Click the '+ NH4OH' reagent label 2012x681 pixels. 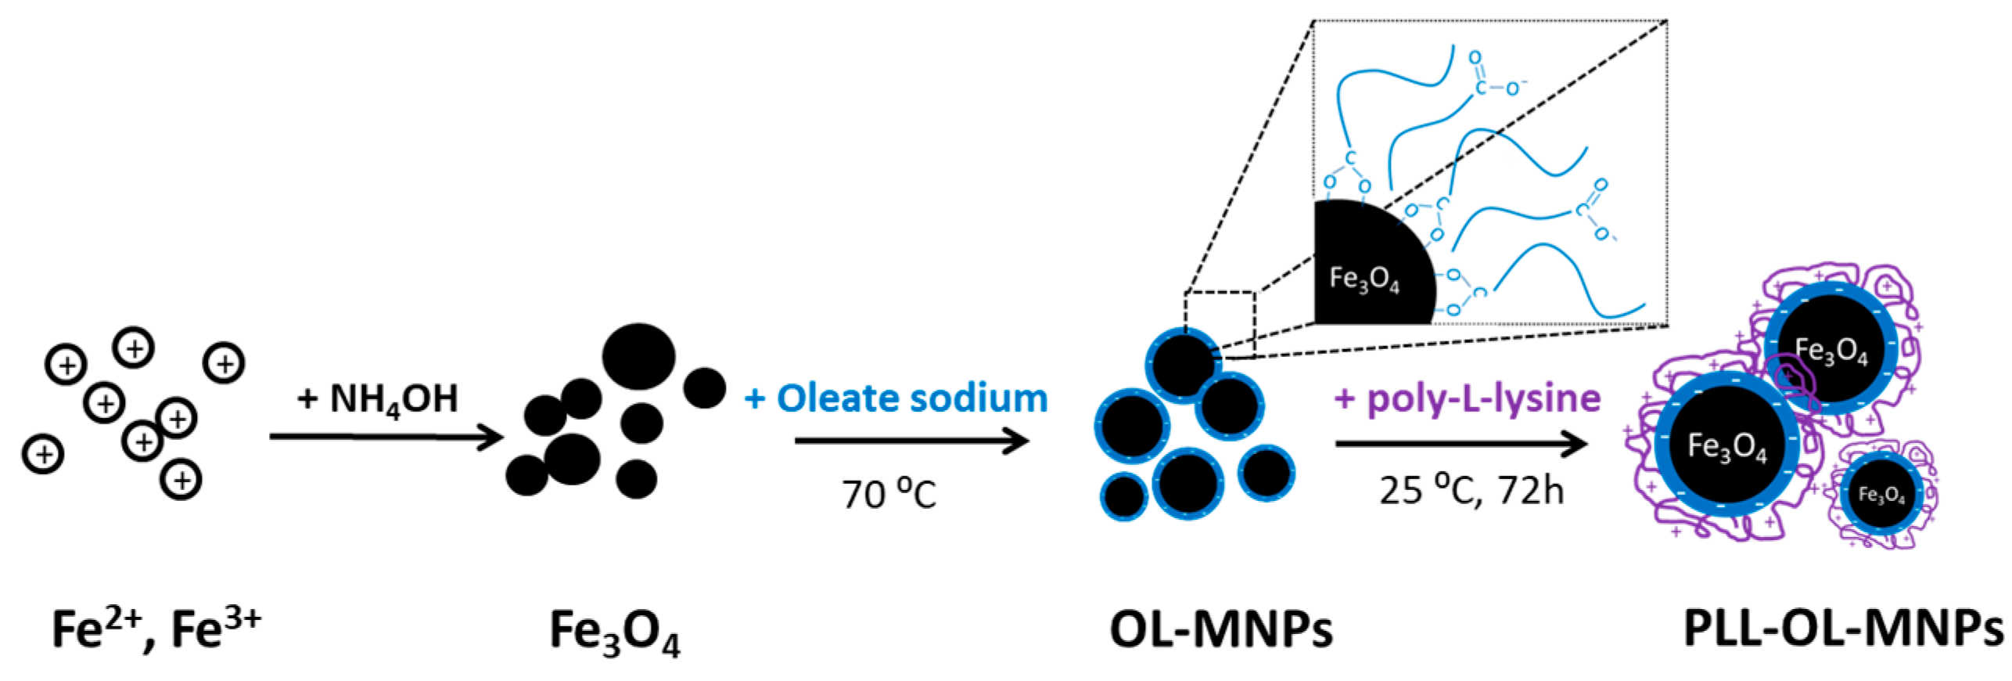point(378,399)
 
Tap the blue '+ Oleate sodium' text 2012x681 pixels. point(896,398)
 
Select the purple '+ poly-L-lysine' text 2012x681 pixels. point(1468,398)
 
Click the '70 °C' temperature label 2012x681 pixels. point(889,494)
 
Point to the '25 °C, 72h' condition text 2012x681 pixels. point(1471,491)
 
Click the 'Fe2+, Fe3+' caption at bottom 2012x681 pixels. point(156,629)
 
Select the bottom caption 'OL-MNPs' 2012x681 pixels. point(1220,629)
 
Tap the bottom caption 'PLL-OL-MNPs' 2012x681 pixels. point(1843,629)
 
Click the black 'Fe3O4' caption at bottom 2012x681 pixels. point(615,631)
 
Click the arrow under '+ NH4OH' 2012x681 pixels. point(385,437)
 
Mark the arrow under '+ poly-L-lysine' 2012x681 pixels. point(1460,444)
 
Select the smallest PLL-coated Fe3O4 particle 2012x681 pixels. point(1881,494)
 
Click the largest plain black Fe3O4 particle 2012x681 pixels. point(638,356)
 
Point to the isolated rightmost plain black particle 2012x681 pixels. point(704,387)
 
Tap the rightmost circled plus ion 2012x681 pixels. point(224,363)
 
